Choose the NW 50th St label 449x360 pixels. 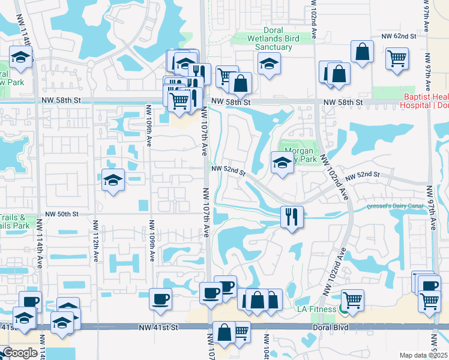(62, 214)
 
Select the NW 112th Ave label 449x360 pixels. (96, 240)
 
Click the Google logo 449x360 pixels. (20, 353)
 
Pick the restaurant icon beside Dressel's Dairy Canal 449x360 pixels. (292, 216)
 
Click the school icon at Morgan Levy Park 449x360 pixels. (281, 162)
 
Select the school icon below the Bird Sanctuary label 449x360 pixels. (269, 62)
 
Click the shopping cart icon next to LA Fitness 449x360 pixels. (352, 299)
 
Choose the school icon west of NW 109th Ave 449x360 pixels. (112, 180)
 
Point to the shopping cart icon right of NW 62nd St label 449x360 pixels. (397, 59)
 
